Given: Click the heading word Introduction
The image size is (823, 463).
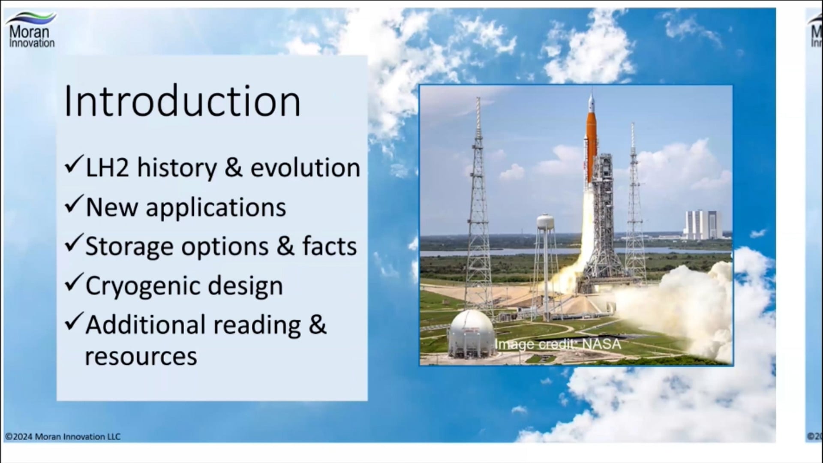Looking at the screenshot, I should tap(182, 102).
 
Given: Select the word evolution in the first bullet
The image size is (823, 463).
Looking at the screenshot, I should tap(305, 168).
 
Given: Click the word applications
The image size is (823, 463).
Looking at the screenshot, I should tap(216, 208).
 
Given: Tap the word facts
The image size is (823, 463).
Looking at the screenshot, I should tap(329, 247).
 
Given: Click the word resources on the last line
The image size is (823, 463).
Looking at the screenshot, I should tap(141, 357).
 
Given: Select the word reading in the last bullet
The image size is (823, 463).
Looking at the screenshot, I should tap(257, 325).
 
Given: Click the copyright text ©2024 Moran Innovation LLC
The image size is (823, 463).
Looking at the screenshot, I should tap(63, 437).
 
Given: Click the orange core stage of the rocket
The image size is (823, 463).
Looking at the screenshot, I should tap(592, 146).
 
